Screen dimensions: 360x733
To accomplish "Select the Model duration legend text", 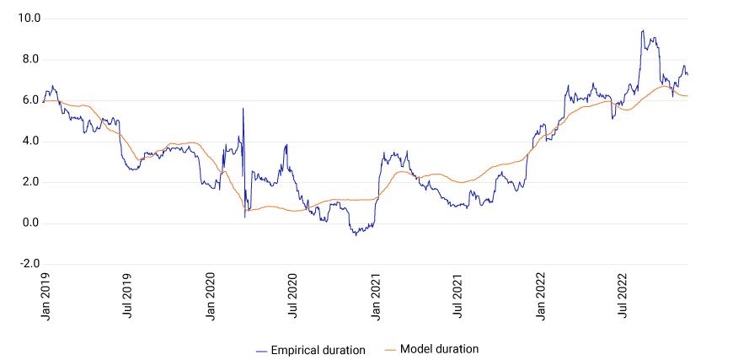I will [x=439, y=349].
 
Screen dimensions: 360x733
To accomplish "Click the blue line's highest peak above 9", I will [x=642, y=31].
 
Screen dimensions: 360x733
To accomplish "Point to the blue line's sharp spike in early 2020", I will [x=243, y=109].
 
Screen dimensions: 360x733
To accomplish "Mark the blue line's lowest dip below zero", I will [x=356, y=234].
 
